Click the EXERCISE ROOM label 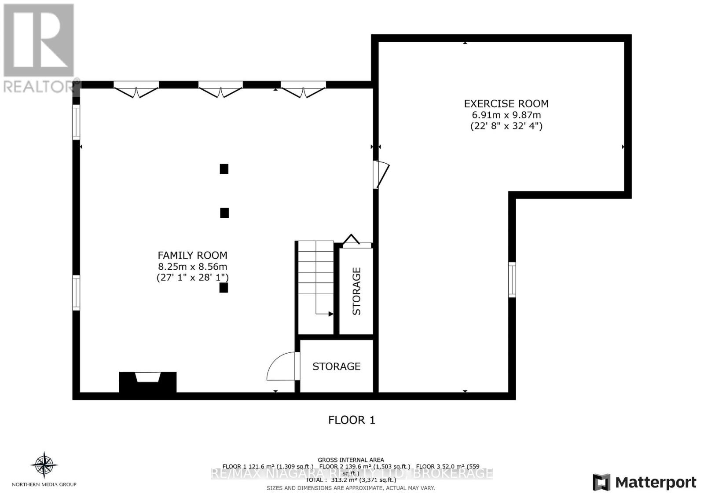coord(506,104)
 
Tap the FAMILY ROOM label coord(192,255)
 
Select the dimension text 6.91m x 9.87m coord(506,115)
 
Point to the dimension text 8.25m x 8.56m coord(192,267)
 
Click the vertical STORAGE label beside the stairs coord(356,291)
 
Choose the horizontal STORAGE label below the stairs coord(336,366)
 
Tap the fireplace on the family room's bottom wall coord(148,381)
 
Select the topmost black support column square coord(224,169)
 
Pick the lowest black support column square coord(224,288)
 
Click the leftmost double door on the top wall coord(136,89)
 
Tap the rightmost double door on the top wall coord(303,89)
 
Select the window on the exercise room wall coord(512,279)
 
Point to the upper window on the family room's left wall coord(76,122)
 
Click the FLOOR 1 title coord(352,420)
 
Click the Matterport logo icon coord(601,482)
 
